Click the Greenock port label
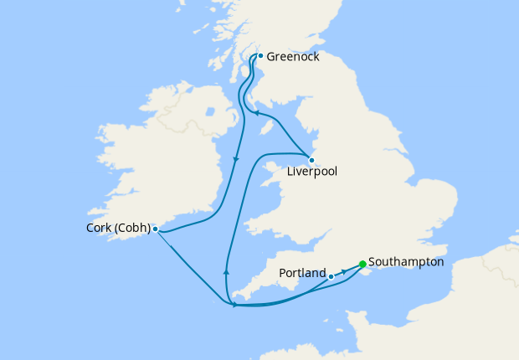(293, 57)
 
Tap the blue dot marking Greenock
(260, 56)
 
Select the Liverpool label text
(311, 173)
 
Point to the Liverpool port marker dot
(311, 160)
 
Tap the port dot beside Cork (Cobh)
(156, 228)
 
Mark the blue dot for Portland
(331, 276)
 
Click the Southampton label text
(405, 262)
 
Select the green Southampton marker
(362, 265)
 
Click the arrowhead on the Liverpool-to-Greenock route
(257, 114)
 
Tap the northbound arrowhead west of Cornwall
(226, 270)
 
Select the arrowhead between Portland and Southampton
(343, 272)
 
